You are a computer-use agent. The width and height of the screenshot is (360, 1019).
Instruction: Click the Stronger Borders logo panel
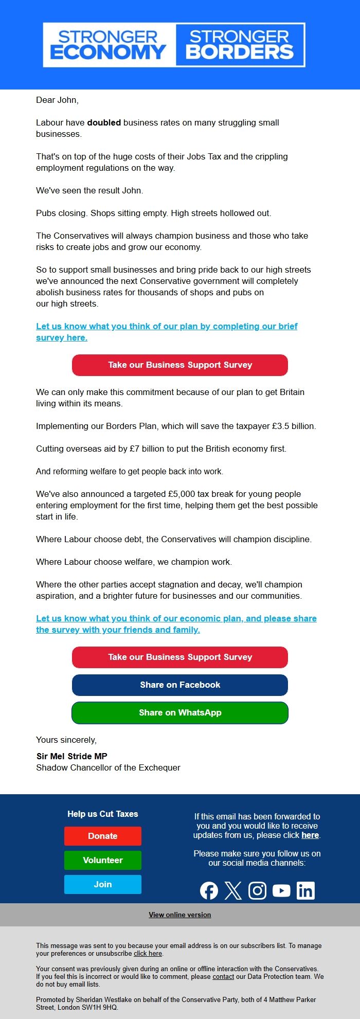[x=240, y=45]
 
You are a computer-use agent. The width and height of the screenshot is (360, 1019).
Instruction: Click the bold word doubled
[x=104, y=122]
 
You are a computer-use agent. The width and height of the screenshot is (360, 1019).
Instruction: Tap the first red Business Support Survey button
[x=180, y=365]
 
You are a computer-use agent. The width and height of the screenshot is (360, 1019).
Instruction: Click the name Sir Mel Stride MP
[x=72, y=756]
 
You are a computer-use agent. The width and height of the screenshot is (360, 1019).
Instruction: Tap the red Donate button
[x=103, y=836]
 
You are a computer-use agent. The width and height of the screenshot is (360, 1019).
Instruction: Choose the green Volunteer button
[x=103, y=860]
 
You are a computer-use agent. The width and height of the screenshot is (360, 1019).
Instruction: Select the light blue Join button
[x=103, y=884]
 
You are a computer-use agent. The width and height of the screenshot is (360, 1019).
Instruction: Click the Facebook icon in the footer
[x=209, y=890]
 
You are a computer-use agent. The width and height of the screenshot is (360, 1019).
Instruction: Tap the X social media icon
[x=233, y=890]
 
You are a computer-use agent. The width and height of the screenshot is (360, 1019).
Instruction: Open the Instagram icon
[x=257, y=890]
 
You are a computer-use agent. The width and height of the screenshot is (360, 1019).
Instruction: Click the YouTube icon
[x=281, y=890]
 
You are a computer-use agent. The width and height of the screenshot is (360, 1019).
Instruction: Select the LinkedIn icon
[x=305, y=890]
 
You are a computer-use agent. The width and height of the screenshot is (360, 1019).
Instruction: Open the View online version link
[x=180, y=915]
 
